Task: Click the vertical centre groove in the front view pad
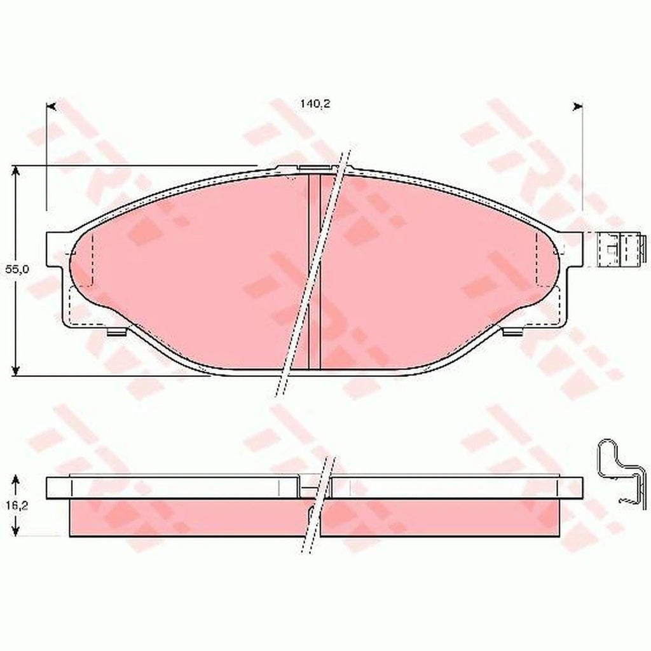click(x=313, y=273)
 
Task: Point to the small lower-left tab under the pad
click(x=116, y=331)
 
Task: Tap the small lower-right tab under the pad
click(x=512, y=331)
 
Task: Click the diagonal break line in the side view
click(x=319, y=502)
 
